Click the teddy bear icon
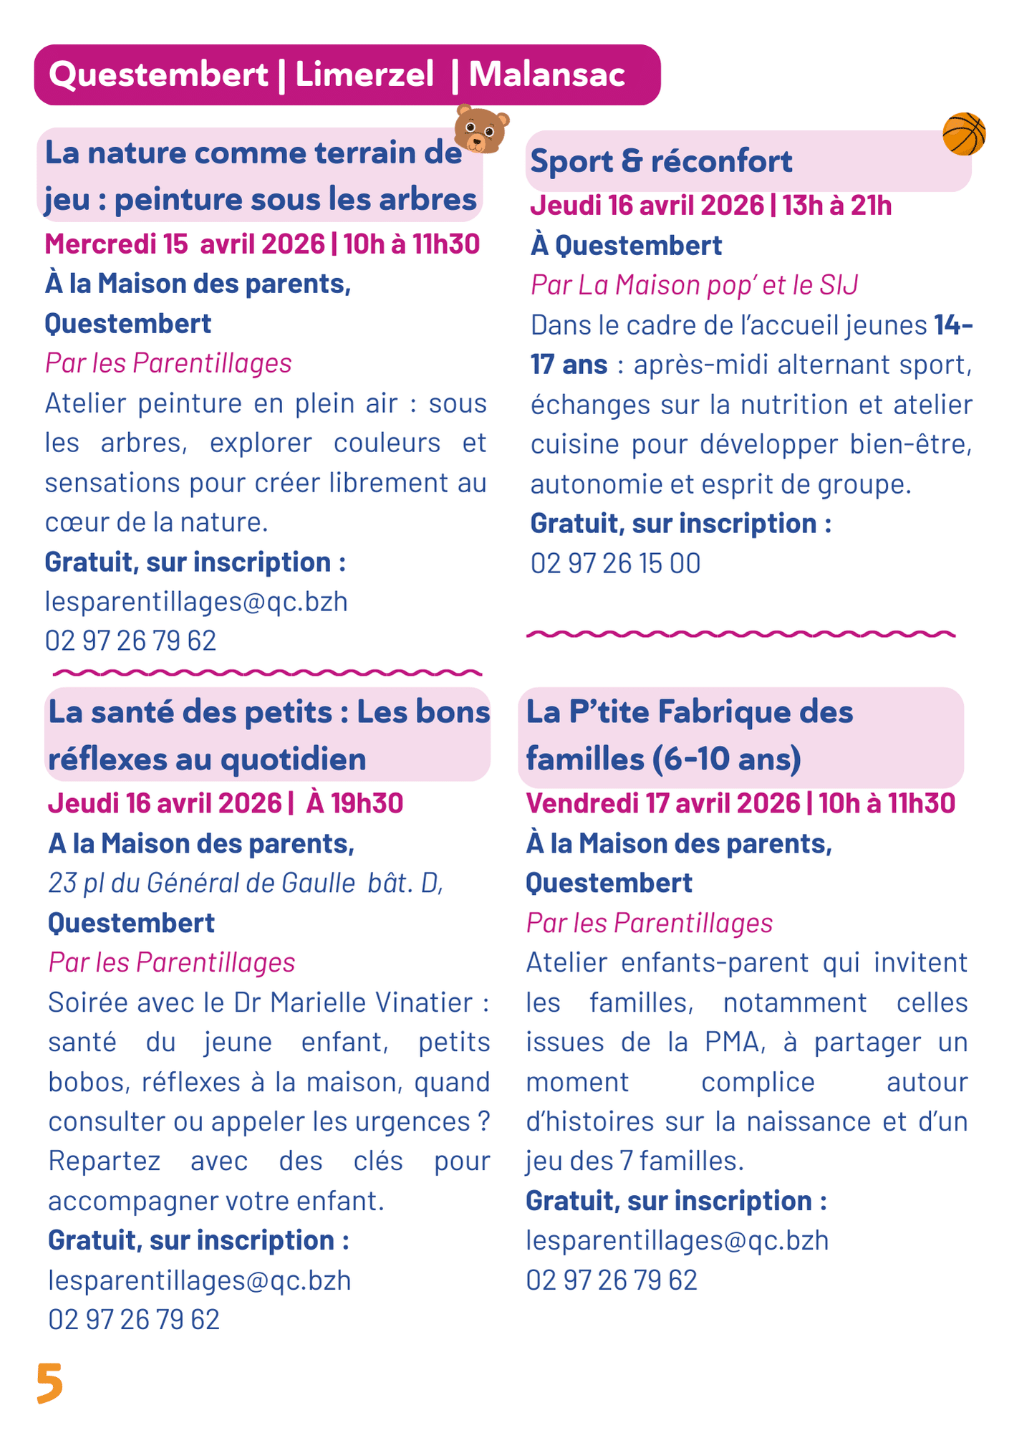481,130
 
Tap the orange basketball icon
964,134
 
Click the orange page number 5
49,1383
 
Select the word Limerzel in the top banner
365,75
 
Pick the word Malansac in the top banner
547,75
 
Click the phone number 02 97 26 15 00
615,564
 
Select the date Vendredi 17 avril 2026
662,804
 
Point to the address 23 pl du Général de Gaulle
201,883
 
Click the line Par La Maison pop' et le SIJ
694,286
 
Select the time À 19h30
354,804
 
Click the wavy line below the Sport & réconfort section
740,634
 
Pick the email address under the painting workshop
196,602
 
